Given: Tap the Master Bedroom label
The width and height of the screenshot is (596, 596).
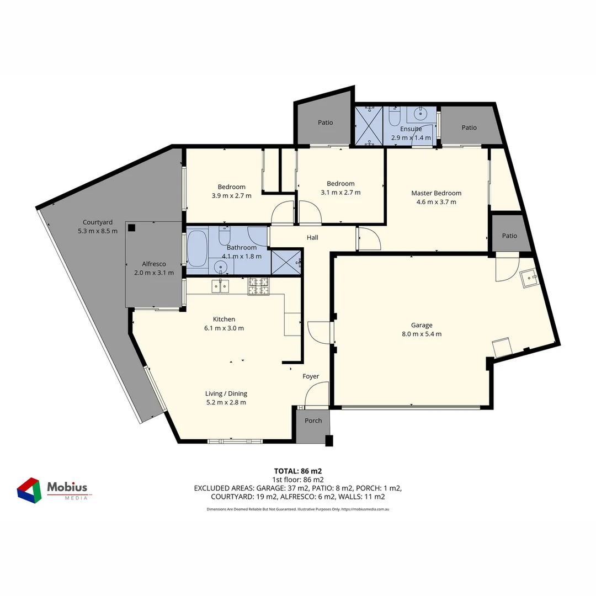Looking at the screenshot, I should pyautogui.click(x=436, y=193).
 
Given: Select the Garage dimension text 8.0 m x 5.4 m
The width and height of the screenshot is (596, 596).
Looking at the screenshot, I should pyautogui.click(x=422, y=334).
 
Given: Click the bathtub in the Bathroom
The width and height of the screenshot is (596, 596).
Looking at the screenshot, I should pyautogui.click(x=197, y=249).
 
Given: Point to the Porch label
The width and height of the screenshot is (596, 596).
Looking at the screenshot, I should pyautogui.click(x=313, y=421).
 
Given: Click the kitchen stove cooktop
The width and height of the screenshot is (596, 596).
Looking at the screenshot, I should pyautogui.click(x=258, y=286).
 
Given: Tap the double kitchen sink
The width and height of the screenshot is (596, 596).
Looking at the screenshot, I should pyautogui.click(x=220, y=285).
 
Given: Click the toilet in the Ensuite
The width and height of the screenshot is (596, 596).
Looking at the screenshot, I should pyautogui.click(x=395, y=117).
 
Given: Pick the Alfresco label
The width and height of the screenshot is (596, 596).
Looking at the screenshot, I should pyautogui.click(x=154, y=264).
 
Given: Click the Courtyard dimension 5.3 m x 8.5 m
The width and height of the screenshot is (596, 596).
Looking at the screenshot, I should pyautogui.click(x=98, y=231).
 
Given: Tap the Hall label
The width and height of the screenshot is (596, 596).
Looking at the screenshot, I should pyautogui.click(x=312, y=238).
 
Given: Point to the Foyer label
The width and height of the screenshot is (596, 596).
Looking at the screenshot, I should pyautogui.click(x=311, y=376).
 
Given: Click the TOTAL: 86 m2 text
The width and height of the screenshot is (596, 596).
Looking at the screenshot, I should pyautogui.click(x=297, y=471).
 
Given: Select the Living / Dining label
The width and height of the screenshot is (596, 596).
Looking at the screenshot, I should pyautogui.click(x=226, y=393).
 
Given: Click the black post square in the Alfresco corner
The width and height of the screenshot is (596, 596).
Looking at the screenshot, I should pyautogui.click(x=131, y=227).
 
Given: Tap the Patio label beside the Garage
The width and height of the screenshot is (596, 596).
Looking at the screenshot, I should pyautogui.click(x=509, y=236).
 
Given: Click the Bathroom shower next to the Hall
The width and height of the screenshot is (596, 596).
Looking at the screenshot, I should pyautogui.click(x=286, y=262).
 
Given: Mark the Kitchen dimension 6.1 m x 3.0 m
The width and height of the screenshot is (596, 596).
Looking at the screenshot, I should pyautogui.click(x=223, y=328).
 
